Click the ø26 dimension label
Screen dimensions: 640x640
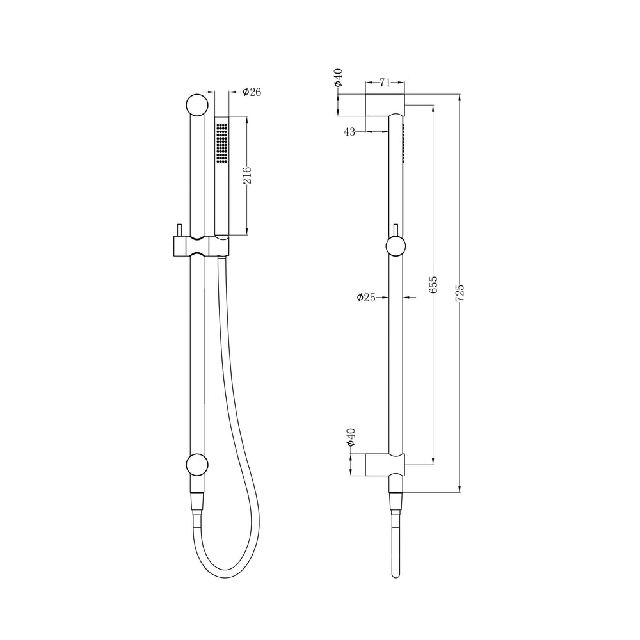(252, 92)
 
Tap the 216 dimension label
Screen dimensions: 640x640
(247, 175)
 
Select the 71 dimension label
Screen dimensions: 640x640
(385, 83)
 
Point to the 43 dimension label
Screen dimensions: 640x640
(349, 132)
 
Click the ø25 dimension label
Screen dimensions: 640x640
(366, 298)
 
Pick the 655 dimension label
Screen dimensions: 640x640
(433, 284)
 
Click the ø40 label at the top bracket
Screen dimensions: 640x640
(338, 78)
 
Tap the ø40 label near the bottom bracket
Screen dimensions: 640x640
(351, 438)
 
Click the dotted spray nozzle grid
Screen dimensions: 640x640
(221, 143)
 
